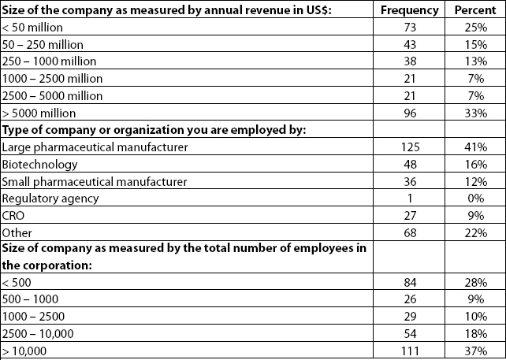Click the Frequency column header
click(410, 10)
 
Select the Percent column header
click(475, 10)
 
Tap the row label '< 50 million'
click(32, 28)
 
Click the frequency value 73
click(410, 28)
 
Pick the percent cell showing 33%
click(476, 113)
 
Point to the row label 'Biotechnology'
click(39, 165)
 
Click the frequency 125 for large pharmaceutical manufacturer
click(410, 147)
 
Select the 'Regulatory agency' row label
click(50, 199)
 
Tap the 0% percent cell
click(476, 199)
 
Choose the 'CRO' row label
click(13, 216)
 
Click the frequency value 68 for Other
click(410, 233)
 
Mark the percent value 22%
click(476, 233)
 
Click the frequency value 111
click(410, 351)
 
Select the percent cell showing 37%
click(476, 351)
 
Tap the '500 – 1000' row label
click(30, 299)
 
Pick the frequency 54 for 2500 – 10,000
click(410, 333)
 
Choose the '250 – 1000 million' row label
click(49, 61)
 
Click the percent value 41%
click(476, 147)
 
